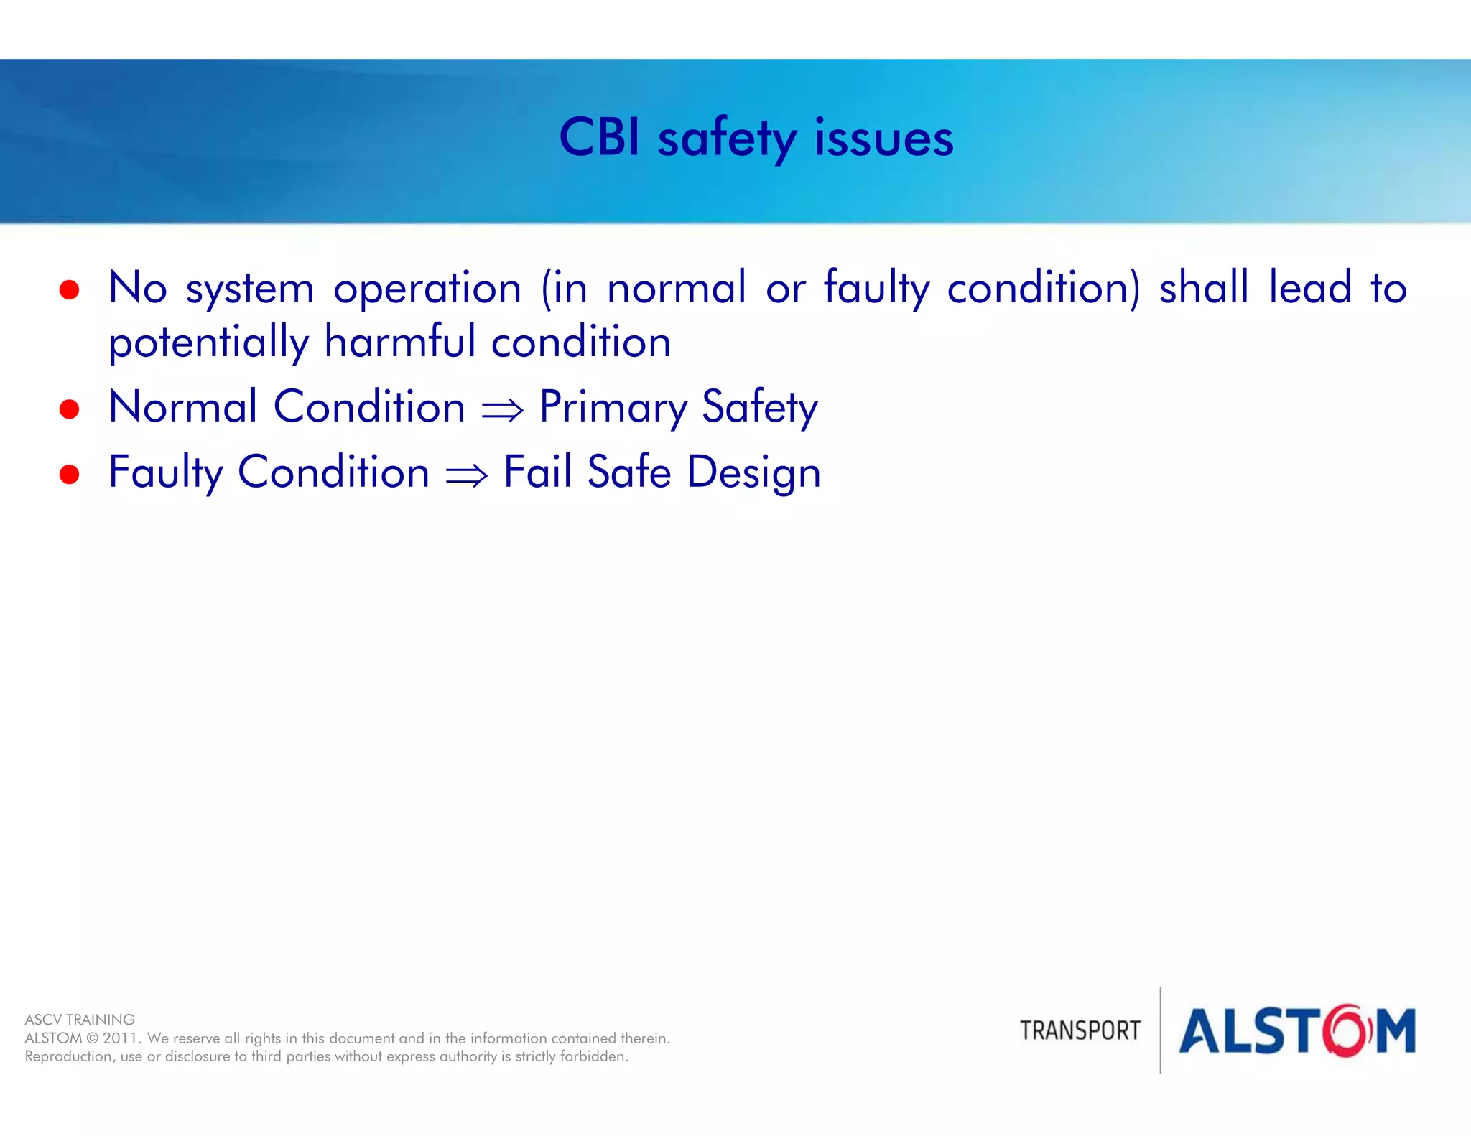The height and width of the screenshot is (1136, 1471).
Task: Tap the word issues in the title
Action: click(x=883, y=138)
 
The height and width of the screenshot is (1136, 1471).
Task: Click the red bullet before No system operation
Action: click(x=69, y=289)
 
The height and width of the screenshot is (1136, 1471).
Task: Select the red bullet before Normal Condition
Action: click(x=69, y=409)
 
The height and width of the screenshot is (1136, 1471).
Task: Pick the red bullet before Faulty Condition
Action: click(x=69, y=474)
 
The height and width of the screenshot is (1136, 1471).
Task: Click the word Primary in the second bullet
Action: click(x=613, y=407)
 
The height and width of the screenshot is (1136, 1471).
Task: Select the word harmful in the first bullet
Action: click(x=399, y=341)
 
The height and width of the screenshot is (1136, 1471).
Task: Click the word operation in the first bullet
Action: click(x=427, y=288)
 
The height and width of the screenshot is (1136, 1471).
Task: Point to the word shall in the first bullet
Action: click(x=1204, y=287)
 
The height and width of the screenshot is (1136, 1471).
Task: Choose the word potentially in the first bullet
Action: click(x=208, y=343)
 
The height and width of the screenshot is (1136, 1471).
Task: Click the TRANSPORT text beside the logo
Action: click(x=1080, y=1030)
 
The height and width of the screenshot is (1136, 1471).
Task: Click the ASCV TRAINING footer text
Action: click(x=80, y=1020)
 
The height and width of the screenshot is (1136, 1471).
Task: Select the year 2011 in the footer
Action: click(x=121, y=1038)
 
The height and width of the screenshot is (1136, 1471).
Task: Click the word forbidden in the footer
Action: click(x=593, y=1056)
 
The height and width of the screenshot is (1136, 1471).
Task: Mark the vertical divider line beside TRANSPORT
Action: click(x=1161, y=1030)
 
